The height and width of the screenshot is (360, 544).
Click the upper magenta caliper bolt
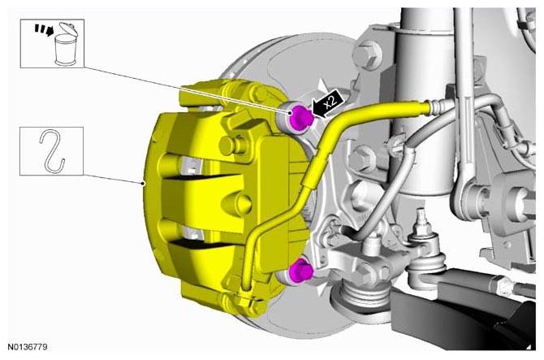tap(300, 117)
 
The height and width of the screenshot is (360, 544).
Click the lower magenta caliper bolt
tap(300, 271)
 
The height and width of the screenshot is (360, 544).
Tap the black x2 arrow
tap(328, 103)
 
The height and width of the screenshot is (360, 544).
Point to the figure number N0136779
tap(28, 347)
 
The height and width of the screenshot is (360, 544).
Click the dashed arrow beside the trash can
tap(44, 29)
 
